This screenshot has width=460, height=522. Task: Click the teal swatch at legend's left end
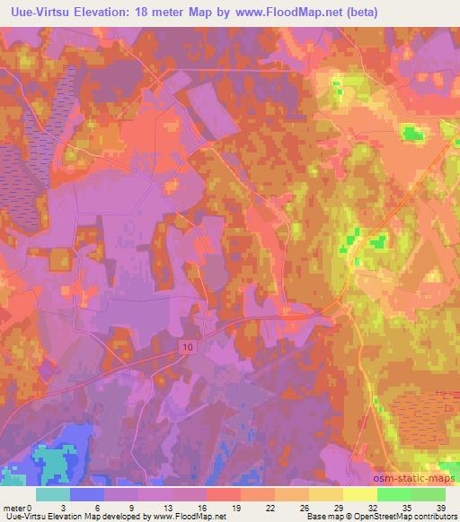pos(53,494)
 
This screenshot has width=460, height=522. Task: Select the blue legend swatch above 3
pos(87,494)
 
